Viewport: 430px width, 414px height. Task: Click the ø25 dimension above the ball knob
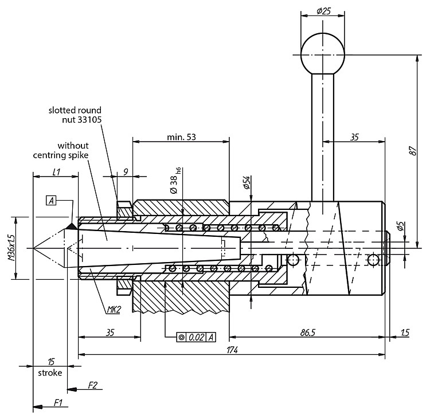(x=323, y=11)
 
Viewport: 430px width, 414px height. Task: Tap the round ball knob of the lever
(x=323, y=54)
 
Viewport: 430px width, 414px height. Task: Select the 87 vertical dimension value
(x=413, y=151)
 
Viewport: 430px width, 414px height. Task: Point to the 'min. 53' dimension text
(x=182, y=136)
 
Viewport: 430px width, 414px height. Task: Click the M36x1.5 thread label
(x=11, y=247)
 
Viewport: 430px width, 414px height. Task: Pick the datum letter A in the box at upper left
(x=51, y=201)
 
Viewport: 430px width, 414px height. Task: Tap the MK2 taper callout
(x=114, y=310)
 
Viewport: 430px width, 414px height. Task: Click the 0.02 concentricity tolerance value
(x=197, y=337)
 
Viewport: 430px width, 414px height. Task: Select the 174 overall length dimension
(x=232, y=350)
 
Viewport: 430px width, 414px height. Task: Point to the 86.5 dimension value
(x=307, y=333)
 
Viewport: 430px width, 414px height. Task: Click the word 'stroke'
(x=50, y=373)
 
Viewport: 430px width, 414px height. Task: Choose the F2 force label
(x=93, y=385)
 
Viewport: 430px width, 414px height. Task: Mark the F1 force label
(x=58, y=403)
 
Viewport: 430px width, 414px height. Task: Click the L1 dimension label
(x=56, y=172)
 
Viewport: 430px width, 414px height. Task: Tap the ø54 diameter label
(x=247, y=182)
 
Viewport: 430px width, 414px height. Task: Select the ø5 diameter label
(x=400, y=226)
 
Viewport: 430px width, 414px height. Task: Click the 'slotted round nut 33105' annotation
(x=75, y=115)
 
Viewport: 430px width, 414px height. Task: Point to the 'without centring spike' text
(x=61, y=150)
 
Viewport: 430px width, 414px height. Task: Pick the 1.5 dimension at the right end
(x=405, y=333)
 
